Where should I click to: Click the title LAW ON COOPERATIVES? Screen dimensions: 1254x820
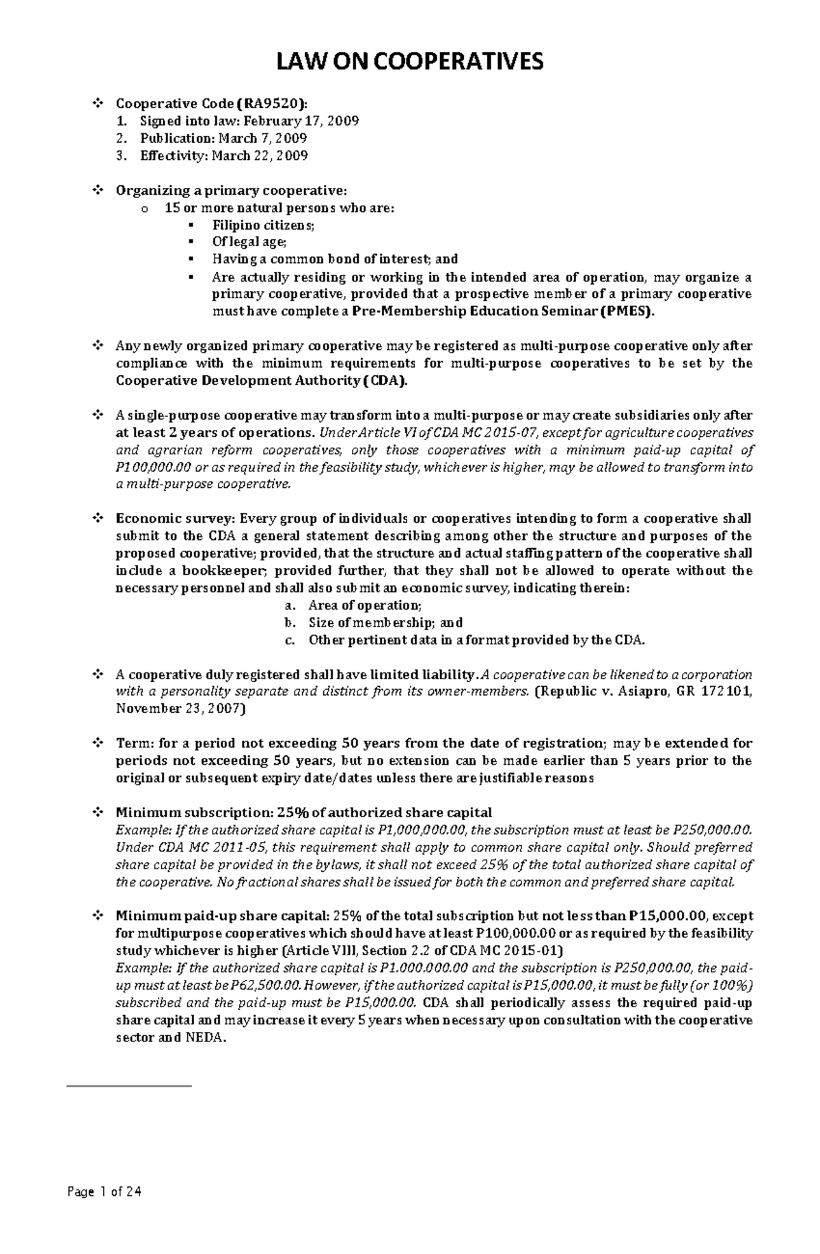coord(410,62)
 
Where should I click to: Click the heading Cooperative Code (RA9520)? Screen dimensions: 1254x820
coord(211,104)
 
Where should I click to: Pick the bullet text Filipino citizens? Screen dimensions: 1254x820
coord(264,225)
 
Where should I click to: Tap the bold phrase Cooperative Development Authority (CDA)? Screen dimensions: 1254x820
coord(262,381)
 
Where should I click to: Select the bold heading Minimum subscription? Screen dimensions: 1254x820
coord(193,813)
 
